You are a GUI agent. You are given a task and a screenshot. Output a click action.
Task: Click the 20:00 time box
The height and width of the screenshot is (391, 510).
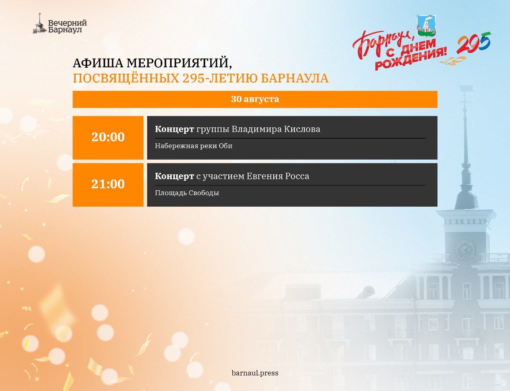pos(108,138)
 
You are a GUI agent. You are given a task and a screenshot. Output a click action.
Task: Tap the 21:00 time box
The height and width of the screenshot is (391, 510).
pos(108,185)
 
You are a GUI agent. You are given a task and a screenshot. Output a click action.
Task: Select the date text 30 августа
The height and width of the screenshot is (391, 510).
pos(255,99)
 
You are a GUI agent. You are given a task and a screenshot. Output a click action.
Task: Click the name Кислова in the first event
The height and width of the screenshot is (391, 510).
pos(302,129)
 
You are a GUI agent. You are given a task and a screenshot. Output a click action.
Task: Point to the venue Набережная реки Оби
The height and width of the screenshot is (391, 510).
pos(194,146)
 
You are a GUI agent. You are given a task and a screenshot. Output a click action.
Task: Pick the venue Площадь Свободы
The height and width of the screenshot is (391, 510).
pos(187,193)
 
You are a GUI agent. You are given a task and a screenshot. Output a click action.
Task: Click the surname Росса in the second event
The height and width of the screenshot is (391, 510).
pos(297,176)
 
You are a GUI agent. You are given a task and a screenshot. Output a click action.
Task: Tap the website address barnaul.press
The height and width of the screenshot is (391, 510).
pos(255,373)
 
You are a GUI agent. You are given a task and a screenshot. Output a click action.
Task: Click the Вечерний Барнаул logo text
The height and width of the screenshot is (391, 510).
pos(67,27)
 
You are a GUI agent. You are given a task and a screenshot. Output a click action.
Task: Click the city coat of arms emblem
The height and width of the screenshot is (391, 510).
pos(426,26)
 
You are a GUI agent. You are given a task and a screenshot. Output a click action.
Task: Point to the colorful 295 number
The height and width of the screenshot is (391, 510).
pos(474,43)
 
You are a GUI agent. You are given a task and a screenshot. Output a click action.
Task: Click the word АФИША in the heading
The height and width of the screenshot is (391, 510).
pos(98,63)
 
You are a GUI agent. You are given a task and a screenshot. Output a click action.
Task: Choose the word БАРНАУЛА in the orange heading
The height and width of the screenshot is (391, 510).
pos(295,78)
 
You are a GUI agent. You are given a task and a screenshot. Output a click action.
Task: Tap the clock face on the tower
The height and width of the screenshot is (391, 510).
pos(465,250)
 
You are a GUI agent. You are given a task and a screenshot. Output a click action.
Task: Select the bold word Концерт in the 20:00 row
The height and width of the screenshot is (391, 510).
pos(175,129)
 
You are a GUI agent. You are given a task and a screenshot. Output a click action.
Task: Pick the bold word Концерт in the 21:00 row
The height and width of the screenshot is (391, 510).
pos(175,176)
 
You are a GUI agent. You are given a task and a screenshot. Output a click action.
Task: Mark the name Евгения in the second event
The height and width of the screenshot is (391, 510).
pos(265,176)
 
